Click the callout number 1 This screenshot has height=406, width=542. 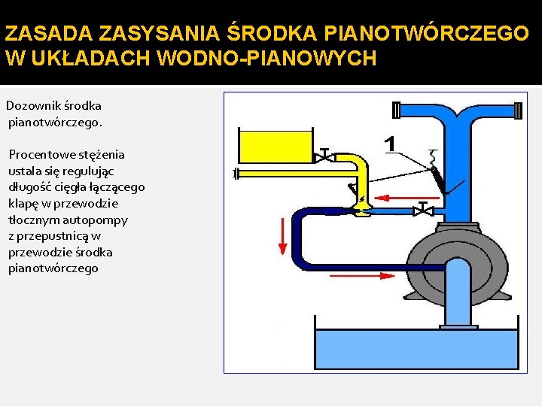click(390, 143)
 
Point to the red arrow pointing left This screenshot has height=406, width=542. click(391, 198)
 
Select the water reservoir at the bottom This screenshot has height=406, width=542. click(416, 349)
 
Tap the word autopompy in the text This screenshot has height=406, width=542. click(101, 220)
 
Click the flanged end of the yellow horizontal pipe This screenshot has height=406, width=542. click(236, 174)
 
